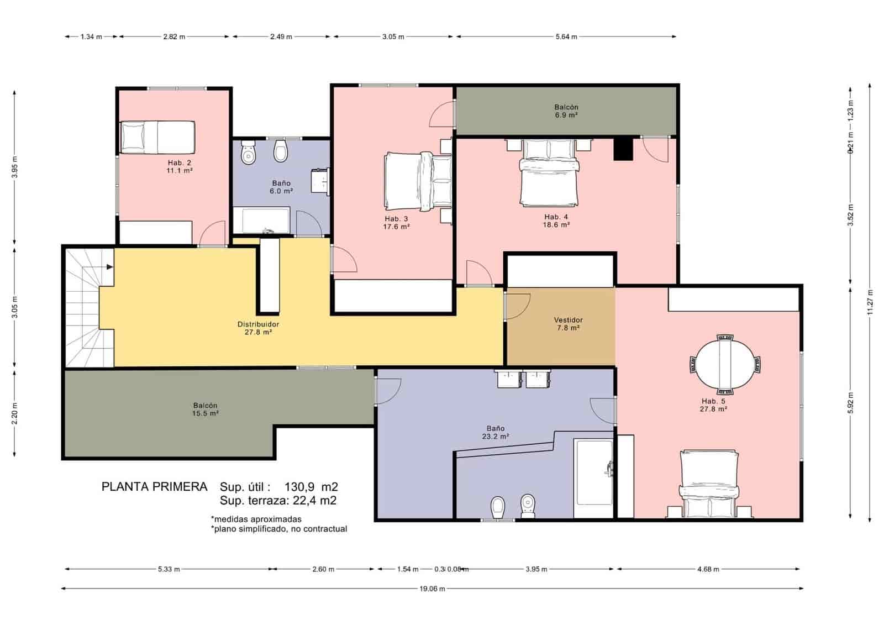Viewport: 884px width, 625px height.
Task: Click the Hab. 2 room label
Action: pyautogui.click(x=180, y=166)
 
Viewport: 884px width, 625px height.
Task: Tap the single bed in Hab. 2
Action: pyautogui.click(x=158, y=137)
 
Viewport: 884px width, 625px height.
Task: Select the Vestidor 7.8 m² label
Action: pyautogui.click(x=568, y=324)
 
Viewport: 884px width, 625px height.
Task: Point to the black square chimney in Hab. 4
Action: pyautogui.click(x=623, y=149)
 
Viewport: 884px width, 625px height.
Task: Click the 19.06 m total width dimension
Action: pyautogui.click(x=432, y=589)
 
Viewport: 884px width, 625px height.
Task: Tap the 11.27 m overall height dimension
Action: pyautogui.click(x=869, y=302)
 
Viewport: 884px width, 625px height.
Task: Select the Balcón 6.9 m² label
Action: pyautogui.click(x=566, y=111)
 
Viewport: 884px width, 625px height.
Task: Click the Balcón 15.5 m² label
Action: pyautogui.click(x=205, y=409)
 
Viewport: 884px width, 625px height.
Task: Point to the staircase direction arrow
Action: pyautogui.click(x=110, y=267)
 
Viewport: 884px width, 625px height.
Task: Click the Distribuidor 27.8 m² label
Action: pyautogui.click(x=258, y=328)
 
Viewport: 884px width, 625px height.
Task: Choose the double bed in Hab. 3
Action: pyautogui.click(x=418, y=181)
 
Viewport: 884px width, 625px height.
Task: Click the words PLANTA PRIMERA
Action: pyautogui.click(x=154, y=487)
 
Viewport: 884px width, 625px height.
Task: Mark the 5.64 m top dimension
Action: pyautogui.click(x=566, y=37)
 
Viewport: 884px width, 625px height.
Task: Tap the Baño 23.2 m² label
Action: pyautogui.click(x=495, y=432)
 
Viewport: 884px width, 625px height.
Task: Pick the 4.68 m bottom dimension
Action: pyautogui.click(x=708, y=569)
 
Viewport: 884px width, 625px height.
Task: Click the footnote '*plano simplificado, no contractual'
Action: pyautogui.click(x=279, y=529)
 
